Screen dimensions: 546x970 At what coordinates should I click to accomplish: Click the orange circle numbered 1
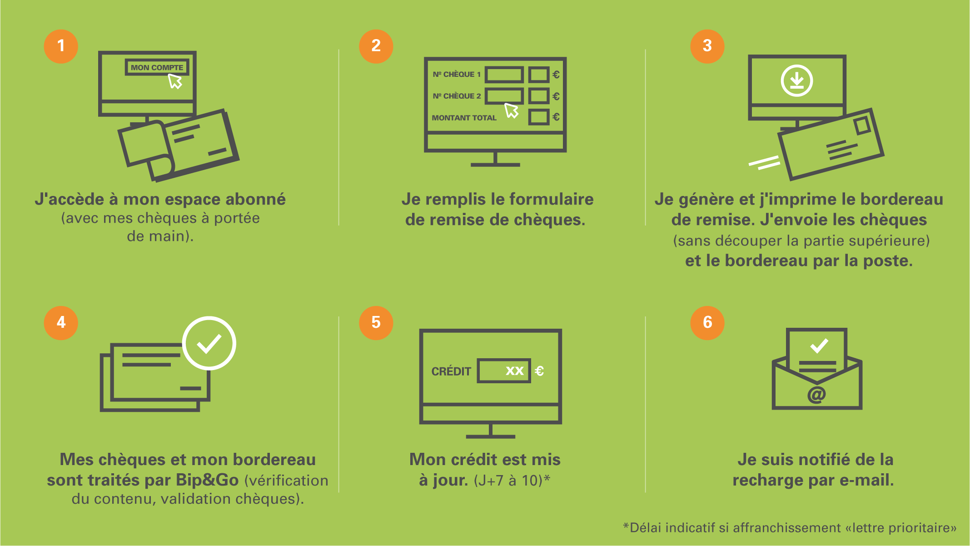[61, 46]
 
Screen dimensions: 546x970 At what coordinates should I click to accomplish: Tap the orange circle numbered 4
[61, 322]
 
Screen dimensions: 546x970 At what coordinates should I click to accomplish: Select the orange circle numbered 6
[707, 322]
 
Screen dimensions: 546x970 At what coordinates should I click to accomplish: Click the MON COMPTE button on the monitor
[157, 67]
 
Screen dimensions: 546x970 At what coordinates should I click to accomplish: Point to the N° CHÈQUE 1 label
[456, 74]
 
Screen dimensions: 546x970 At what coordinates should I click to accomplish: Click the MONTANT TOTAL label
[464, 118]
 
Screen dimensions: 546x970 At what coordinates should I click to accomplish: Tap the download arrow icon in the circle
[797, 81]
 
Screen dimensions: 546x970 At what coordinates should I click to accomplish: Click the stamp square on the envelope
[862, 125]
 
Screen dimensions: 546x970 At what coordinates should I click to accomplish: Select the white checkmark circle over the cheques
[209, 343]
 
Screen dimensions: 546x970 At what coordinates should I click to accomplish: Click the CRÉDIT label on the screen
[451, 371]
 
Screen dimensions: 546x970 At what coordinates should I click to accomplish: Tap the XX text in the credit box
[514, 371]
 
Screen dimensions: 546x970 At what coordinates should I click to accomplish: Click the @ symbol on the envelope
[816, 394]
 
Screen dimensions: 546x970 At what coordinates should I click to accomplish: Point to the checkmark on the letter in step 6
[819, 346]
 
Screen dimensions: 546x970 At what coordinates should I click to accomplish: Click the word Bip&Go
[207, 480]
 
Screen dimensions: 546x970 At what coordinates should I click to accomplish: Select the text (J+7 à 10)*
[512, 481]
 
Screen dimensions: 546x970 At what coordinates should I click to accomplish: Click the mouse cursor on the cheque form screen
[512, 110]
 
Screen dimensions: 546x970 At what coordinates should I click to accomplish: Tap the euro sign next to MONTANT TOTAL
[556, 117]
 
